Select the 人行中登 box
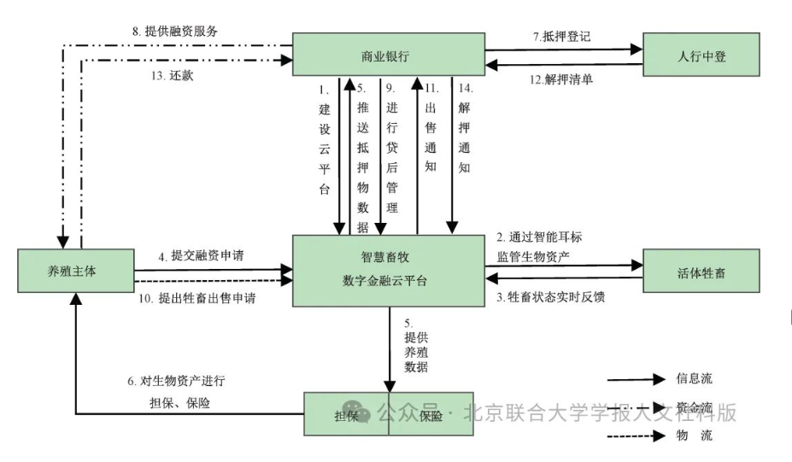tap(701, 56)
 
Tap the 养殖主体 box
tap(76, 271)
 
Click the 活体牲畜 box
tap(701, 271)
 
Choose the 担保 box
tap(347, 415)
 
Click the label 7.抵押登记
tap(561, 37)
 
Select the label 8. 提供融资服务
tap(175, 31)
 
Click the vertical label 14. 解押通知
tap(464, 128)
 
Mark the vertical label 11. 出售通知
tap(431, 128)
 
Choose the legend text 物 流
tap(693, 436)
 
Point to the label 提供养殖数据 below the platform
tap(416, 345)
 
